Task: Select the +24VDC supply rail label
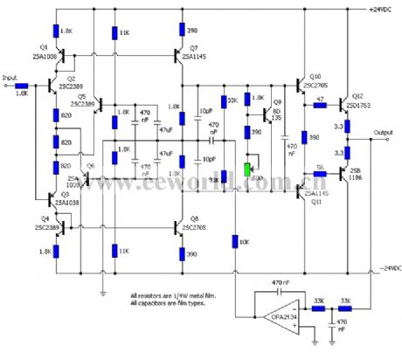[383, 10]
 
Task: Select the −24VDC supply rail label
[383, 267]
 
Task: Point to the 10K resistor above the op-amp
[233, 240]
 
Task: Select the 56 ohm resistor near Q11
[321, 172]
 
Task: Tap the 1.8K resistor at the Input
[23, 85]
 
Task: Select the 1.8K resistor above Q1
[56, 31]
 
